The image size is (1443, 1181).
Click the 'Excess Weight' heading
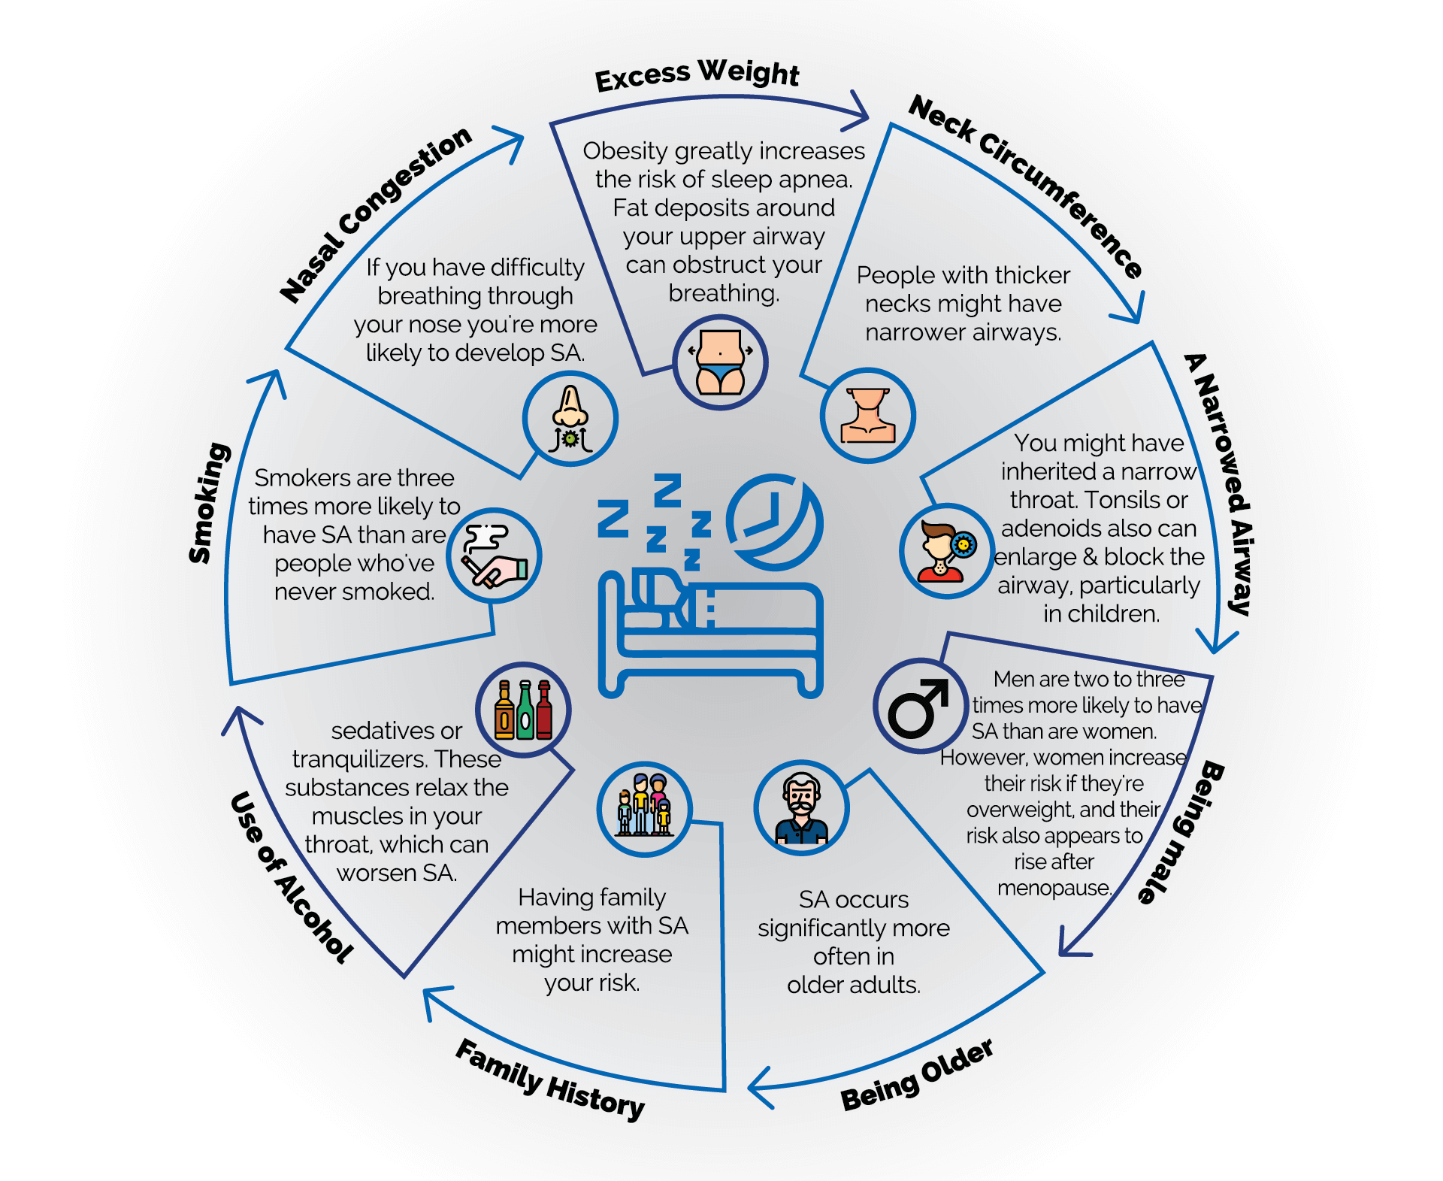point(697,74)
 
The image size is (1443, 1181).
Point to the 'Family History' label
point(550,1080)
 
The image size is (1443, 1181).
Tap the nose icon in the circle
point(570,419)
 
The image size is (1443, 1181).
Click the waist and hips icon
point(720,362)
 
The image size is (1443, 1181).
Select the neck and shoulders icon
point(867,415)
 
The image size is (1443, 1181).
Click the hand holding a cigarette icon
point(494,556)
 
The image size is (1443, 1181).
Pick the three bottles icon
point(523,710)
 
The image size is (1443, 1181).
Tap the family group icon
point(644,809)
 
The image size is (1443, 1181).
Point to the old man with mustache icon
point(801,809)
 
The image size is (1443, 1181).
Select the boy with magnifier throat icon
point(946,551)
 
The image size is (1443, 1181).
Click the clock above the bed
point(774,521)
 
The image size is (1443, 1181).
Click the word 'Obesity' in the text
point(625,151)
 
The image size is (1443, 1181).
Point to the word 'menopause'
point(1053,888)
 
